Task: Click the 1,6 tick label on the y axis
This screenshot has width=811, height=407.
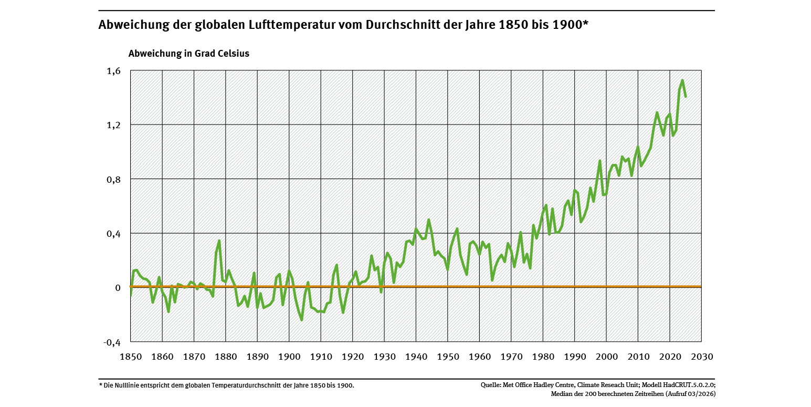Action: click(x=113, y=71)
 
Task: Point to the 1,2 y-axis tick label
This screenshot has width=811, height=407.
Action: click(x=113, y=125)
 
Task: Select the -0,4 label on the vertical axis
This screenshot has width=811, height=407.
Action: click(x=111, y=342)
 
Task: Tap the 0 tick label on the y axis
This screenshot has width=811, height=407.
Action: click(x=118, y=287)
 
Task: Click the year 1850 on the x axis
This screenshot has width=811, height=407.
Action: click(x=131, y=357)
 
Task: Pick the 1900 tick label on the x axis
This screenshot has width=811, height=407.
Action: click(x=289, y=357)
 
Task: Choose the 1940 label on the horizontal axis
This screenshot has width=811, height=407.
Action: click(x=416, y=357)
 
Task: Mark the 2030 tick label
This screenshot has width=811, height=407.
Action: click(x=702, y=357)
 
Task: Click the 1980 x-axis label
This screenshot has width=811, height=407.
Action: click(x=543, y=357)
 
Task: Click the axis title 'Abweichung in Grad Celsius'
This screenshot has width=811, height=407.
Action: click(x=189, y=54)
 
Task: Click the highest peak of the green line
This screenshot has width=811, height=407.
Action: click(x=682, y=80)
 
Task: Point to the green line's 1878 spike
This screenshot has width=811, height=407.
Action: click(x=219, y=241)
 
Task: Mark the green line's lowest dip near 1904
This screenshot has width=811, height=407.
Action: click(x=302, y=320)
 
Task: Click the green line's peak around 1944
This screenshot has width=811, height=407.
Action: click(x=429, y=220)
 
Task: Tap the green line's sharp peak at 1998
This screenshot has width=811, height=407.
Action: click(x=600, y=161)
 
